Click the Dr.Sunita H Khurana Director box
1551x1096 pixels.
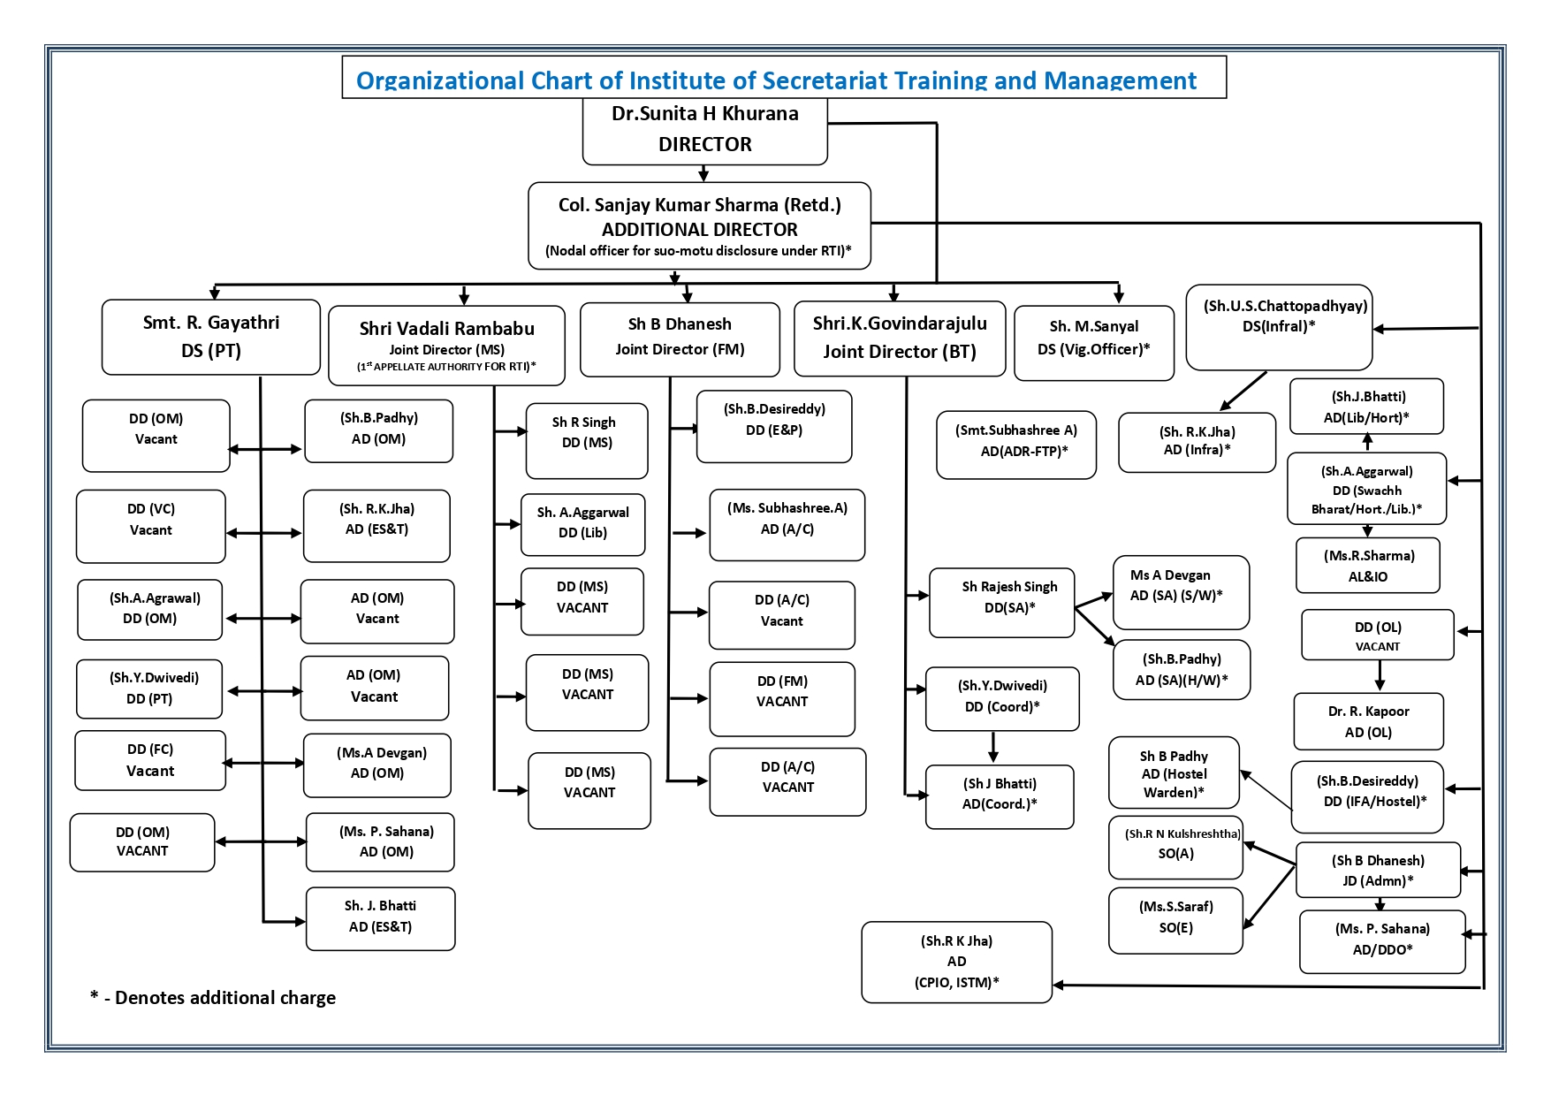click(x=704, y=130)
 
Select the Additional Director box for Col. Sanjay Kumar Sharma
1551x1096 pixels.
click(x=699, y=226)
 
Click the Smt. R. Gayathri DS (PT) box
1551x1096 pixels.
click(x=210, y=337)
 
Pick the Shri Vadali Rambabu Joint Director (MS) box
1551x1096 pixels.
click(x=446, y=346)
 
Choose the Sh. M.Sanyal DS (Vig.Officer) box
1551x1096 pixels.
click(x=1093, y=343)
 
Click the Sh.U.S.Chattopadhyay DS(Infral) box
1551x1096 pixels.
click(x=1278, y=327)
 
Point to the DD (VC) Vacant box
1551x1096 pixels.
click(x=150, y=526)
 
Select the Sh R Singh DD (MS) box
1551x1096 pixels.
click(x=586, y=440)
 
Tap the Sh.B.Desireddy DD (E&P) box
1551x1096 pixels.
click(x=773, y=426)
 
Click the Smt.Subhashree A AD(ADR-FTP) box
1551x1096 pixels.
click(x=1015, y=445)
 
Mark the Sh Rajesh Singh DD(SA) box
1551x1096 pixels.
click(x=1001, y=602)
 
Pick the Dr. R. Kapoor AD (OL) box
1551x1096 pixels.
click(x=1367, y=721)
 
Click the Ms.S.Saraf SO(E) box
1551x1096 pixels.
click(x=1175, y=921)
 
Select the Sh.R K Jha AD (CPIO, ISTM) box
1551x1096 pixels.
click(x=956, y=962)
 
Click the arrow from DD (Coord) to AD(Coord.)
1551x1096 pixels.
click(x=993, y=748)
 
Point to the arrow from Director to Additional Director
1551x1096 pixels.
click(x=703, y=173)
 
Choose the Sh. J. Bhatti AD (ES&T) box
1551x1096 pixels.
click(x=380, y=918)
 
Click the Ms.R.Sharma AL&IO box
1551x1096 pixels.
click(x=1367, y=566)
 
